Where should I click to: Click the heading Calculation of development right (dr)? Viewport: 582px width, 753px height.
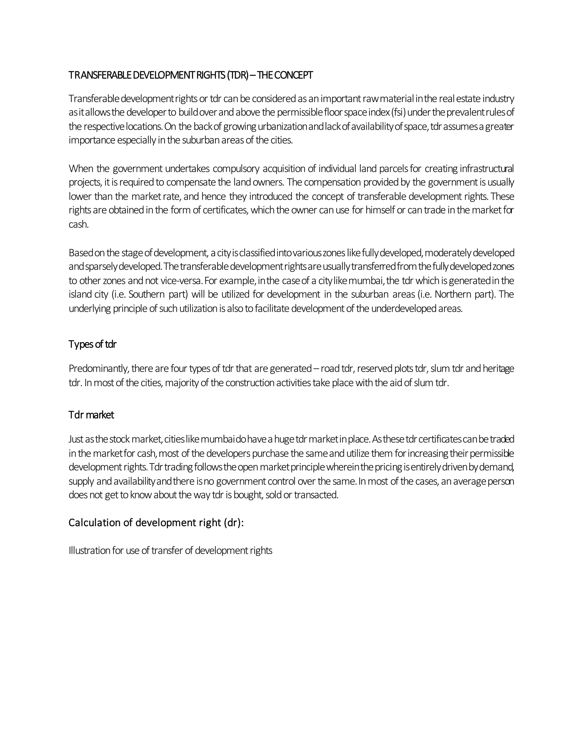click(x=156, y=523)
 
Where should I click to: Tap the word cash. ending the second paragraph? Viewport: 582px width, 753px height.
click(x=79, y=224)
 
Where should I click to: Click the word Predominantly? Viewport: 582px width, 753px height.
click(x=99, y=369)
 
